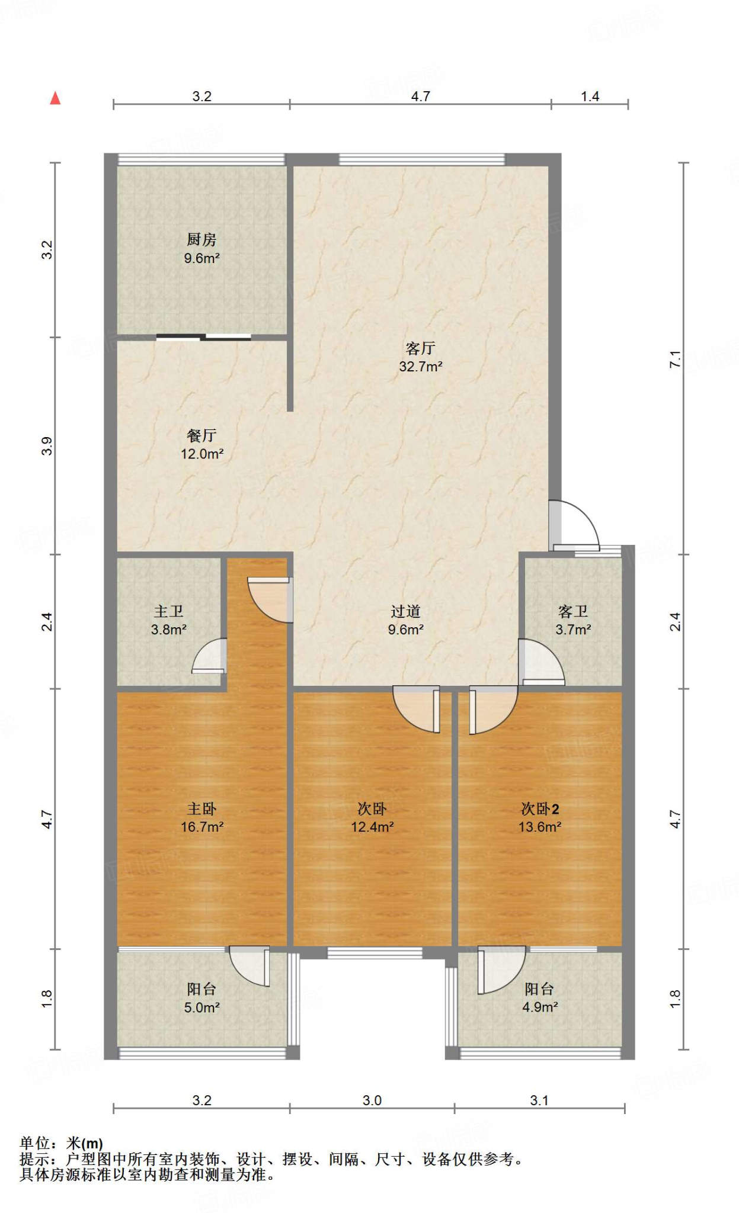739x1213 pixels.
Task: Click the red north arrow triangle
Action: [x=55, y=98]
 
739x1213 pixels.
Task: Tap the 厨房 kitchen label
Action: [x=201, y=240]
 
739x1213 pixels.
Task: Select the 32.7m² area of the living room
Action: [x=421, y=367]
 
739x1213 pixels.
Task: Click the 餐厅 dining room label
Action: [x=201, y=435]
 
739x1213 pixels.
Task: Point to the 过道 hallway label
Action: [x=405, y=611]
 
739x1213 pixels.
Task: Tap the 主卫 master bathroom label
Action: [x=169, y=611]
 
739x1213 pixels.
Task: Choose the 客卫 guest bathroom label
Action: [x=573, y=611]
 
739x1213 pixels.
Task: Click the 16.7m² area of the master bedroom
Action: [x=202, y=827]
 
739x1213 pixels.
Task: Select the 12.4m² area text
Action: [x=372, y=827]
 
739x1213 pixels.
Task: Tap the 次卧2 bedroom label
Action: [x=540, y=808]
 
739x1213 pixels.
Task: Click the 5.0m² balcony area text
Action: [x=202, y=1007]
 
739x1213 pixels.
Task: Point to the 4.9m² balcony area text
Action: [x=540, y=1007]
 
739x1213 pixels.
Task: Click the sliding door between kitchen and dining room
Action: [x=204, y=338]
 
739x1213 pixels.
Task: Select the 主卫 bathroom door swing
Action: [x=209, y=656]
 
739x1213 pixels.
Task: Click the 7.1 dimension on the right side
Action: [x=675, y=359]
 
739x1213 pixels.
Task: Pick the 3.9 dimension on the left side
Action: [x=47, y=446]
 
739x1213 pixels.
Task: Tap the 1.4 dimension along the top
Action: [x=590, y=97]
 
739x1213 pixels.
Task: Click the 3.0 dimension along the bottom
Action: [x=372, y=1100]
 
